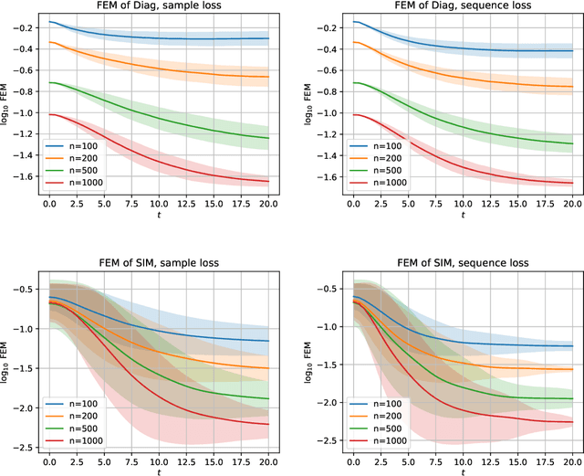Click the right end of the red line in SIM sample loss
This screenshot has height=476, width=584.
tap(269, 424)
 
